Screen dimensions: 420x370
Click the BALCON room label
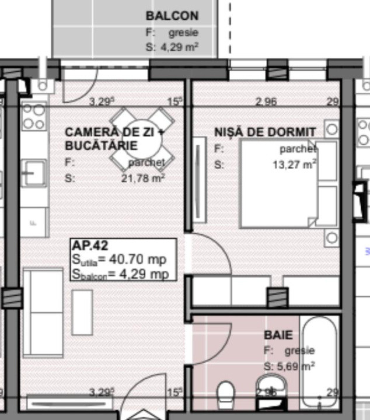click(172, 16)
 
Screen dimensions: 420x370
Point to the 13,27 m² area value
click(294, 164)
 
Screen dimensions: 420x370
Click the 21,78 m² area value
click(143, 178)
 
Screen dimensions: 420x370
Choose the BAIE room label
click(278, 335)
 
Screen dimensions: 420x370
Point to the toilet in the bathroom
click(225, 395)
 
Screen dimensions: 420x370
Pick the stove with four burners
click(33, 116)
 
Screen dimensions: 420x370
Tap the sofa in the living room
click(43, 312)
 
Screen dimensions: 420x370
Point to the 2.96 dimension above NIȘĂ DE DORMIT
click(266, 101)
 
